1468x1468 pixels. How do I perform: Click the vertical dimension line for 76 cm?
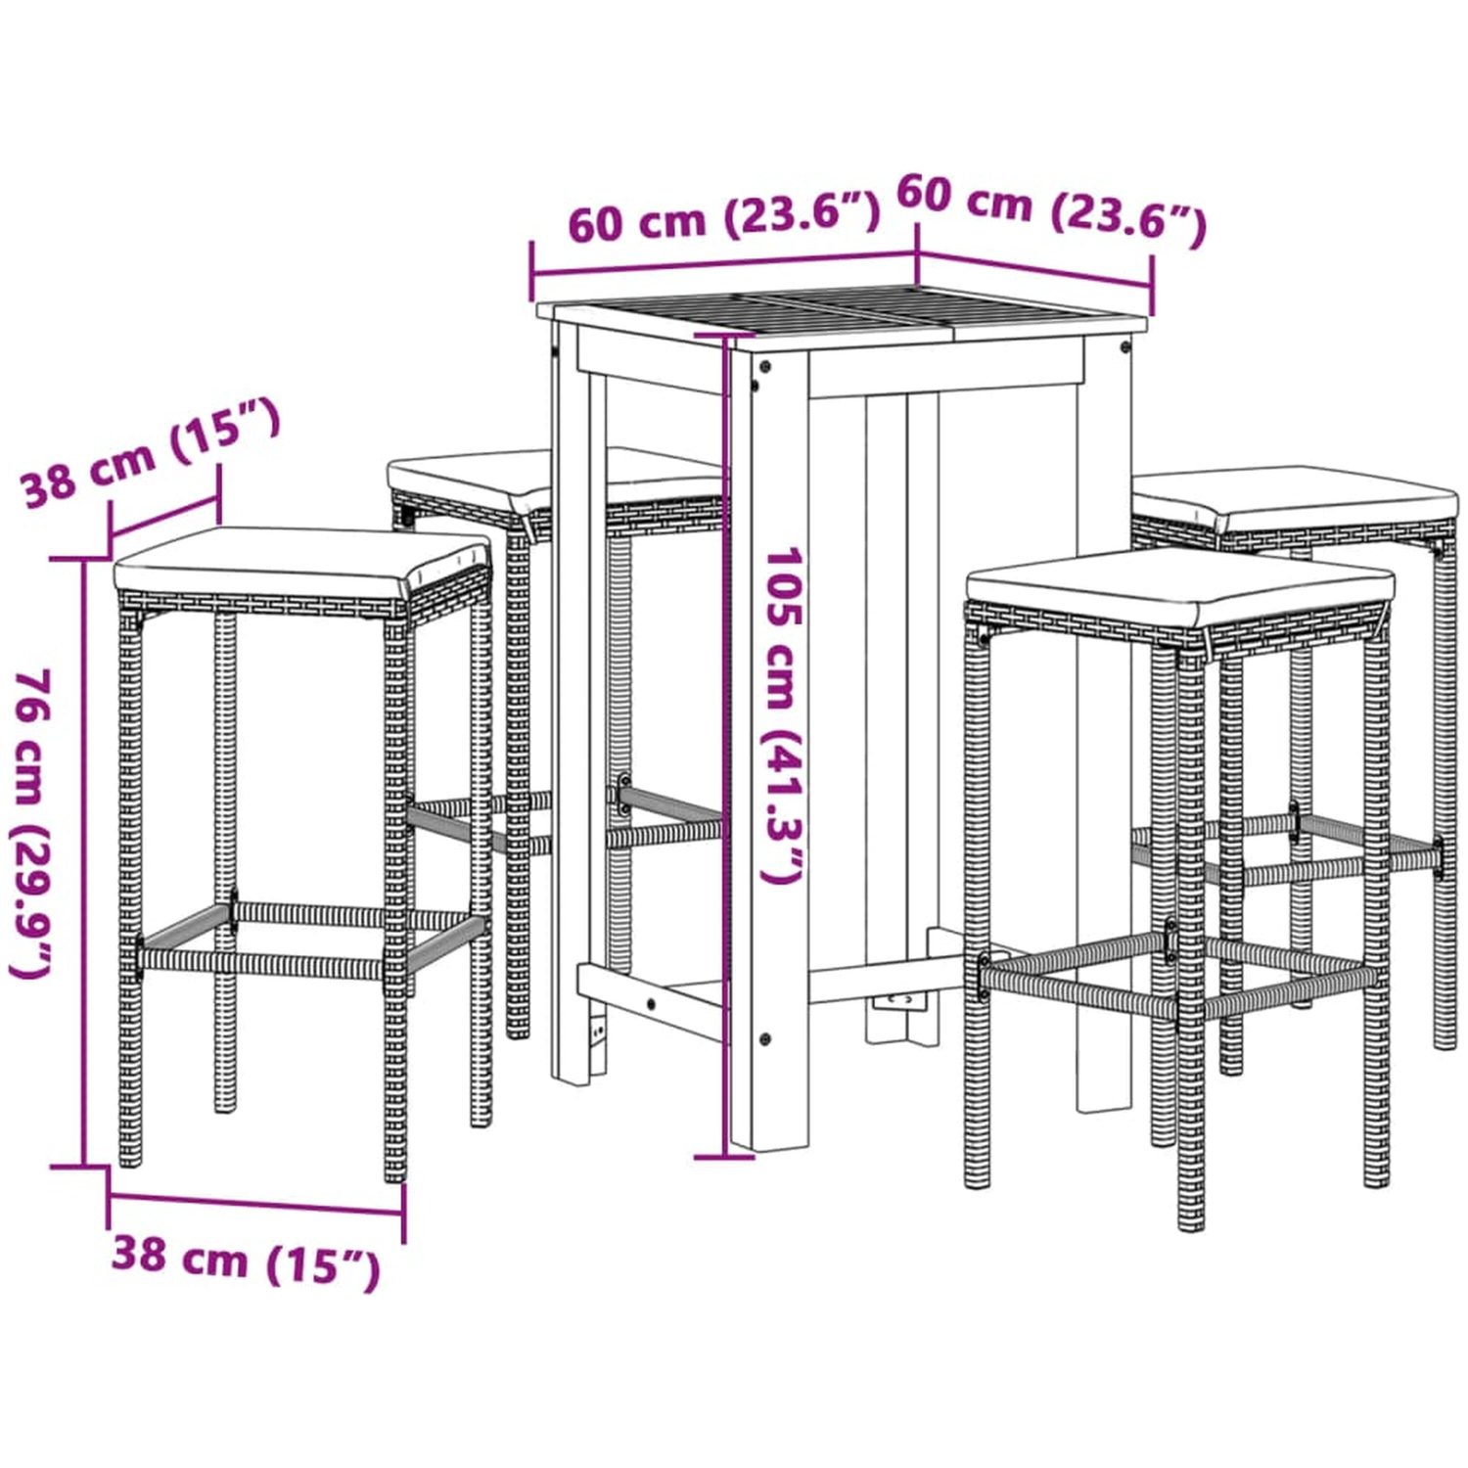82,862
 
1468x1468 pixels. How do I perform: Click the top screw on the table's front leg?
764,367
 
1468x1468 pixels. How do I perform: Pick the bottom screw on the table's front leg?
764,1038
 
